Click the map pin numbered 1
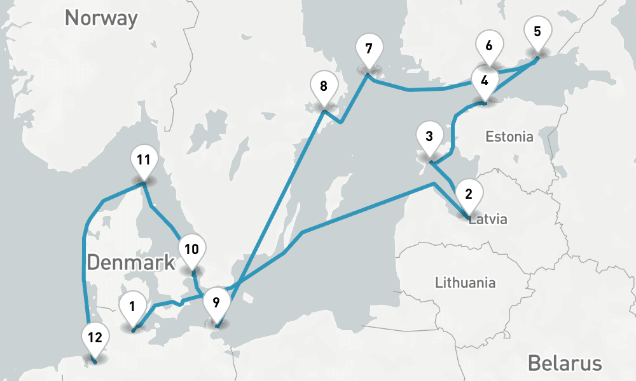tap(132, 307)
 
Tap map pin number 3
tap(429, 137)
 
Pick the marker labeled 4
tap(485, 81)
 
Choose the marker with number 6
tap(488, 47)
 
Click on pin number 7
tap(368, 49)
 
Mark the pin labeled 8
tap(324, 86)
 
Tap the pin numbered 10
tap(192, 250)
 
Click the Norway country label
tap(101, 18)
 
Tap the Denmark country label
tap(131, 262)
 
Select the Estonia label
tap(509, 137)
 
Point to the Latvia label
tap(488, 220)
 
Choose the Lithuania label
tap(465, 283)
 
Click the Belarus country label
tap(565, 363)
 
